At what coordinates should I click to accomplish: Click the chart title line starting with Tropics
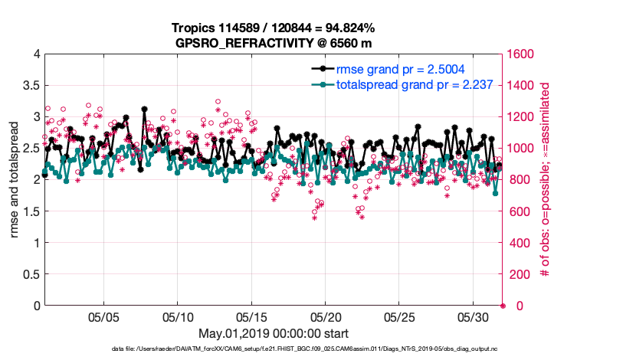click(274, 28)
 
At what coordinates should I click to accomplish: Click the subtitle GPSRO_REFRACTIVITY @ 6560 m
click(274, 42)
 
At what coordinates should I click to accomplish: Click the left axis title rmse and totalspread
click(14, 179)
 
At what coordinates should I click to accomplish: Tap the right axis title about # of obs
click(545, 179)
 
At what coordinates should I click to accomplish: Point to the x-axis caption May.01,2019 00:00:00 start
click(274, 333)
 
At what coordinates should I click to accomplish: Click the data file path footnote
click(317, 349)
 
